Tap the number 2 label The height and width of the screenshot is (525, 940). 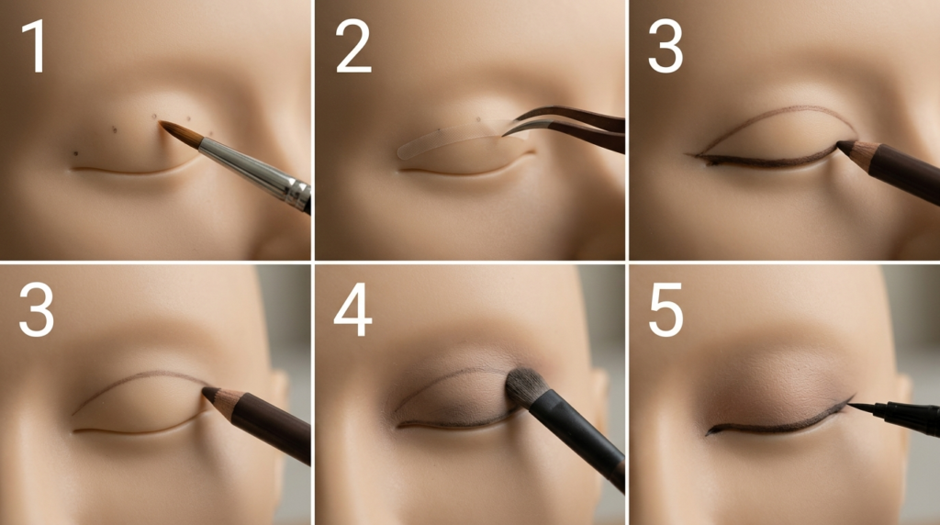coord(353,46)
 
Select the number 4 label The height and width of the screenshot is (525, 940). coord(352,310)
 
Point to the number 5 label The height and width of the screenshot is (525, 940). coord(666,310)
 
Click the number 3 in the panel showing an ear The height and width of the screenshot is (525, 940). coord(37,310)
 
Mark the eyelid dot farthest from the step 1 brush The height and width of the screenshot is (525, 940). coord(75,153)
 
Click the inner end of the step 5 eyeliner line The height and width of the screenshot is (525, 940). coord(709,431)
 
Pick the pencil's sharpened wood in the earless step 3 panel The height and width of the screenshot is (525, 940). coord(858,153)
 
